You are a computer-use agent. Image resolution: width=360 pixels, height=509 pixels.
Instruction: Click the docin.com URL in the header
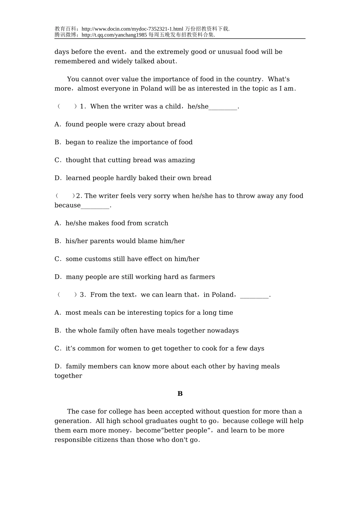click(132, 29)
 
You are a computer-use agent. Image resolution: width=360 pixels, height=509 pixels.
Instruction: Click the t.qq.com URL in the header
click(114, 35)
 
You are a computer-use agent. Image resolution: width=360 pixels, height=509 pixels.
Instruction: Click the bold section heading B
click(180, 394)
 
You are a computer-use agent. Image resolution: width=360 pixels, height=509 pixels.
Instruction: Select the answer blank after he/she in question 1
click(223, 107)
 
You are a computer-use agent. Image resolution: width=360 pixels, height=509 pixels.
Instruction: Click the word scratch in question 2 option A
click(156, 223)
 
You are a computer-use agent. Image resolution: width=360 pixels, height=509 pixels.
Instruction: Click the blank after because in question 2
click(95, 206)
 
